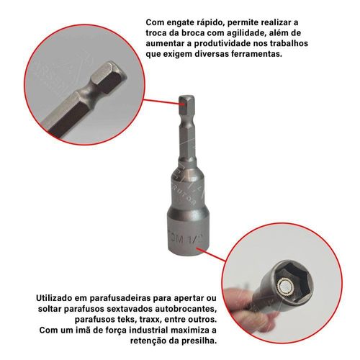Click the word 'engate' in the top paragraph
182,23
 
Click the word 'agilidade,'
241,34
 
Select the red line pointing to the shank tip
162,102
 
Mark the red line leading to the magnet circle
212,254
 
